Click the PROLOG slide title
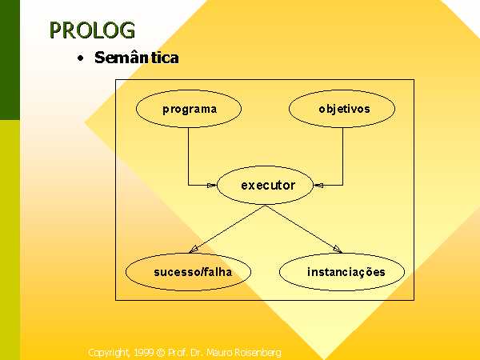[x=92, y=30]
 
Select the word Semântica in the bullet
[x=137, y=58]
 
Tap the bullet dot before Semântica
[x=81, y=58]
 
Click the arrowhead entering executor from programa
[x=212, y=186]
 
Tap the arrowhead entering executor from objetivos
[x=318, y=186]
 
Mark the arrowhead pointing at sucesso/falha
[x=193, y=249]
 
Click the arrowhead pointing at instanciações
[x=338, y=249]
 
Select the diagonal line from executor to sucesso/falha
[x=227, y=229]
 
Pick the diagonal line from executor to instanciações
[x=304, y=229]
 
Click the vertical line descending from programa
[x=188, y=156]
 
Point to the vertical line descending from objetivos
[x=342, y=156]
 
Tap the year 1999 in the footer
[x=143, y=353]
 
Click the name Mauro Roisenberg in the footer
[x=244, y=353]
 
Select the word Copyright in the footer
[x=110, y=353]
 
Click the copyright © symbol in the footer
[x=161, y=353]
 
